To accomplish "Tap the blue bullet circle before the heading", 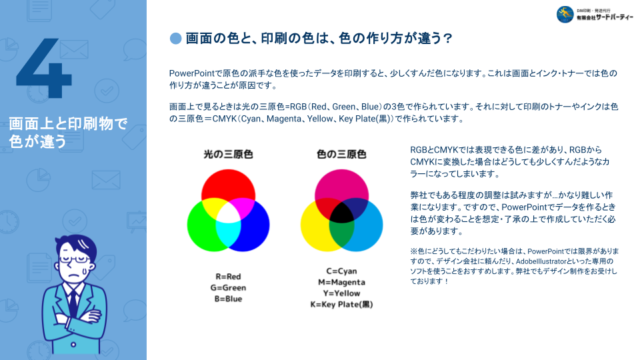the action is coord(175,39).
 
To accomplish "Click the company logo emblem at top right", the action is coord(565,15).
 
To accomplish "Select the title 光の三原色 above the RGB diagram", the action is coord(228,154).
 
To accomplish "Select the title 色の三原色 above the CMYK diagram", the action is coord(341,154).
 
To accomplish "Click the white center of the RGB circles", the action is coord(228,212).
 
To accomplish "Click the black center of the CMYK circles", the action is coord(341,212).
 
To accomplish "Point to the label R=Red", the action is coord(228,276).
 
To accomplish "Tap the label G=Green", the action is coord(228,288).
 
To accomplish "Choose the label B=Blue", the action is coord(228,299).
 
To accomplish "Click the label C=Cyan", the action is coord(341,271).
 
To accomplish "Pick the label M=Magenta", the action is coord(341,282).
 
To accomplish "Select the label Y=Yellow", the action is coord(341,293).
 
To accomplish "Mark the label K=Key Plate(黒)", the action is coord(341,305).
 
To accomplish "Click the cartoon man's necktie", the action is coord(73,303).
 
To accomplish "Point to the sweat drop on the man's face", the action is coord(85,269).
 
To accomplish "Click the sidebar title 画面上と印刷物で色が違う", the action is coord(68,132).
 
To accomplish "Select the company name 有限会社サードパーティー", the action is coord(605,17).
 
